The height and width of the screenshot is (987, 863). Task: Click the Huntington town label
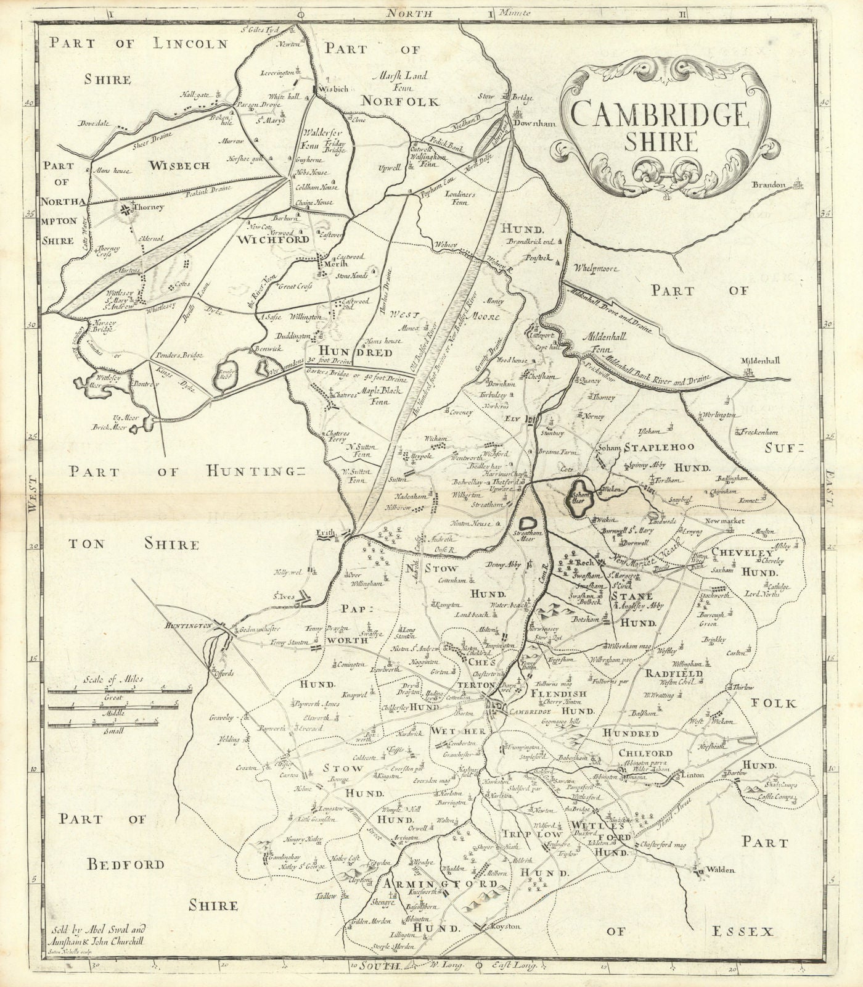point(188,626)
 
